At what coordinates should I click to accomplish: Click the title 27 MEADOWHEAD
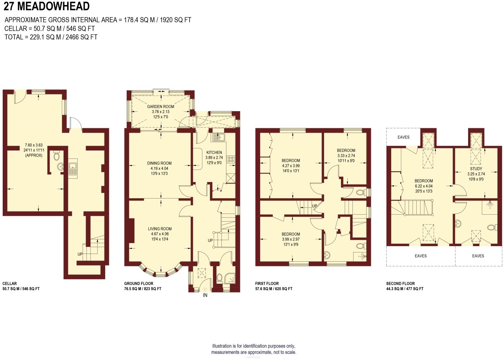[46, 6]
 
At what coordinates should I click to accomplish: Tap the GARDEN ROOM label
[161, 106]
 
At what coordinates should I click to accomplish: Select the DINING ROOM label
[159, 163]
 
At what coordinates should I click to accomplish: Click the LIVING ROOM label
[160, 229]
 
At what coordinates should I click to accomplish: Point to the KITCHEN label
[214, 152]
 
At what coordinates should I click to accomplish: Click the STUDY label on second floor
[476, 169]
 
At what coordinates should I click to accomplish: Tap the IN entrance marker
[205, 296]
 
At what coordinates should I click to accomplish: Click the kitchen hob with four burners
[231, 159]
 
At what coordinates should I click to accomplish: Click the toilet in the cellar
[56, 156]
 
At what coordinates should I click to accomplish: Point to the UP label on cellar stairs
[80, 254]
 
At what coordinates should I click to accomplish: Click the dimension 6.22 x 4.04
[424, 186]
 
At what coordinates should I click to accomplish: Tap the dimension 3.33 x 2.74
[346, 155]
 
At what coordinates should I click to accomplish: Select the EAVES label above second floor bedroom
[403, 137]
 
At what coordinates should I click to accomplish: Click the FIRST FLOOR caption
[267, 283]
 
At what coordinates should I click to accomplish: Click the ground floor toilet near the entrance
[220, 277]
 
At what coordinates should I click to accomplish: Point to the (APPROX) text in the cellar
[33, 155]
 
